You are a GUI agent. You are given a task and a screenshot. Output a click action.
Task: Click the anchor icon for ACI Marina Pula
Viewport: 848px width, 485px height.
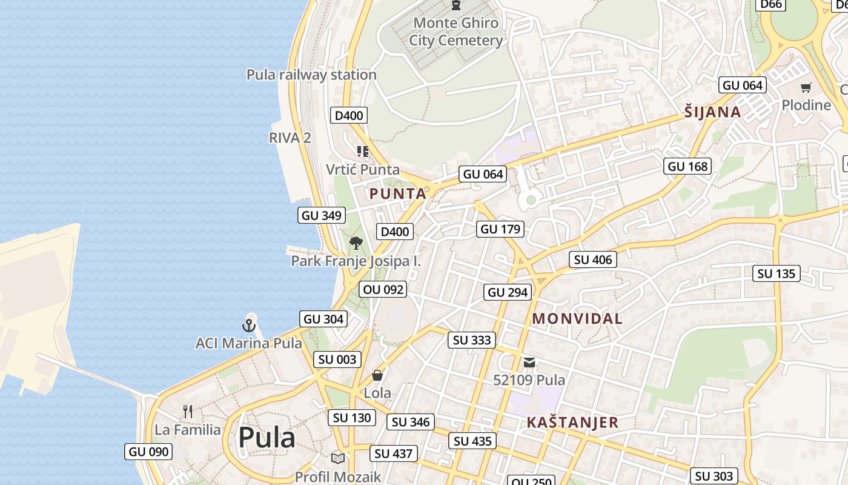tap(249, 326)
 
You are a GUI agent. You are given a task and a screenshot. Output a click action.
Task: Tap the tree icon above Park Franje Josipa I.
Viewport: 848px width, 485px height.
tap(356, 243)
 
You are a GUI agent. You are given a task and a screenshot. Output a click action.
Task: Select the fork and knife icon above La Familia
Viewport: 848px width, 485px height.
tap(188, 412)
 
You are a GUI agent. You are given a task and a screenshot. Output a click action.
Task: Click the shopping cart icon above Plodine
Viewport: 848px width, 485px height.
tap(806, 88)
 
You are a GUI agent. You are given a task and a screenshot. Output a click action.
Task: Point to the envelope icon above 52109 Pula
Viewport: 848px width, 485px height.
tap(529, 363)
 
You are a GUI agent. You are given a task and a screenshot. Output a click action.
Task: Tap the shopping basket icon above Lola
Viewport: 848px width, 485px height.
tap(377, 375)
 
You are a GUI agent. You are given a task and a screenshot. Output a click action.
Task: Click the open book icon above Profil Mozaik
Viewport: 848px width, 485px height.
tap(338, 459)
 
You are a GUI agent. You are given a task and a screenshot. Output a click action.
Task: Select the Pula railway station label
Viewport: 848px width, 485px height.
tap(311, 75)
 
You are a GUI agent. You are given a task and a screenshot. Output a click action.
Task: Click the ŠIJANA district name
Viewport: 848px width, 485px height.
tap(712, 112)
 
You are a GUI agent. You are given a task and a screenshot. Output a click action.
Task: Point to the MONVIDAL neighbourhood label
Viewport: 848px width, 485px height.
tap(577, 318)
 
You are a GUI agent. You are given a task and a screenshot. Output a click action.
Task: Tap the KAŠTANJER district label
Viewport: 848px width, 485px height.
tap(572, 423)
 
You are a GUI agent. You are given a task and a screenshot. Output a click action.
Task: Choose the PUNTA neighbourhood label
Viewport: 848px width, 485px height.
tap(397, 194)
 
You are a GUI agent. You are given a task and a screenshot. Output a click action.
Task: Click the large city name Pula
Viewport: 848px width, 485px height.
tap(267, 438)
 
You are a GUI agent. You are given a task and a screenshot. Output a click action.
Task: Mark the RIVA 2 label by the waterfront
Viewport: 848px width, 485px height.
tap(290, 138)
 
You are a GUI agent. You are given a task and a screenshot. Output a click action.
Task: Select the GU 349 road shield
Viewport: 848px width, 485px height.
tap(322, 215)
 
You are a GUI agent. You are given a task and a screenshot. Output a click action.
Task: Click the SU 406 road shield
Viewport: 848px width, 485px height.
tap(593, 260)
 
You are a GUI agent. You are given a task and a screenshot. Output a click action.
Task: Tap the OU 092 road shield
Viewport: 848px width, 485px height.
tap(383, 290)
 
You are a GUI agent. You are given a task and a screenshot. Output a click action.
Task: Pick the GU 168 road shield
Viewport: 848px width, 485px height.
tap(687, 166)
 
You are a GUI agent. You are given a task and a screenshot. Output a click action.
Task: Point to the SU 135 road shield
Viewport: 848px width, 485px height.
tap(777, 273)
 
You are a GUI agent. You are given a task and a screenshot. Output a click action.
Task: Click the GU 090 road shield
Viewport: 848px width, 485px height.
tap(149, 452)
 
